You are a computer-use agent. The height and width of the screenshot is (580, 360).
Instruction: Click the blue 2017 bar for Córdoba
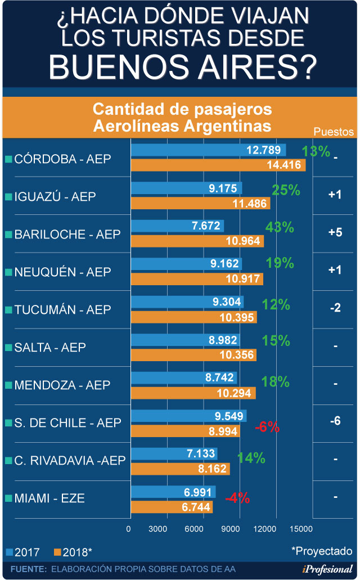click(208, 150)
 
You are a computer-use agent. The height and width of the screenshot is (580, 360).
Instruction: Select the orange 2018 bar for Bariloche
click(197, 241)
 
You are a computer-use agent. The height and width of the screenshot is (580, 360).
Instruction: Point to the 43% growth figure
click(280, 227)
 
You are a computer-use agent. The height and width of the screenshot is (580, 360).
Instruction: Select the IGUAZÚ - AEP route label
click(55, 196)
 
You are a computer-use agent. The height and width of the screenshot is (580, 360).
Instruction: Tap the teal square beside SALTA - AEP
click(8, 348)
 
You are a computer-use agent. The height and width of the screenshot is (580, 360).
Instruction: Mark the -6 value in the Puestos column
click(335, 421)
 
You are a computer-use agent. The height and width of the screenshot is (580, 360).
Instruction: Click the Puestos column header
click(334, 132)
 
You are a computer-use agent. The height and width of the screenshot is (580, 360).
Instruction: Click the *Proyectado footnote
click(322, 551)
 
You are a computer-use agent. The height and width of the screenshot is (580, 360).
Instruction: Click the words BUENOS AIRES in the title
click(182, 66)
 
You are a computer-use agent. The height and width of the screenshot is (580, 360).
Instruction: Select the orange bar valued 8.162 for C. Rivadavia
click(180, 468)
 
